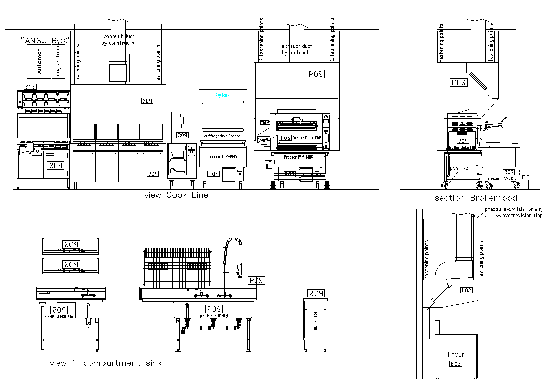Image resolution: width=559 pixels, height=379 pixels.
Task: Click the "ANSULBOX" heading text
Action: coord(46,40)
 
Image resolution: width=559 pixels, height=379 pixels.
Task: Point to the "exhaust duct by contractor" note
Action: coord(297,49)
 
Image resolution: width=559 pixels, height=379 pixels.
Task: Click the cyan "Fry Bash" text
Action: coord(223,96)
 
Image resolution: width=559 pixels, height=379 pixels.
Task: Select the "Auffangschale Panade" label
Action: coord(222,136)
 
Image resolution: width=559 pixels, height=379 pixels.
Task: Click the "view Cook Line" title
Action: coord(176,195)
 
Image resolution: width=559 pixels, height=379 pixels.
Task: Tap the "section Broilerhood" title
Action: coord(476,198)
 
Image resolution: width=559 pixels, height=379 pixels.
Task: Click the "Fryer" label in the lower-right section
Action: coord(456,354)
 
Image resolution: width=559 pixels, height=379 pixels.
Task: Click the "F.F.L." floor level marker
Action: coord(529,177)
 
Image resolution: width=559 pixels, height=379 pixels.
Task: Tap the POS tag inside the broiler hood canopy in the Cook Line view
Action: coord(316,74)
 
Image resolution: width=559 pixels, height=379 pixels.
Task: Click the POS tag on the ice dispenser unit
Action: coord(182,135)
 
